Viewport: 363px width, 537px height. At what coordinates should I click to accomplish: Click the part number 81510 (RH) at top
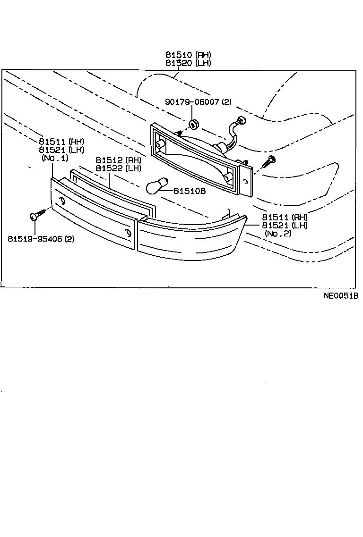[188, 55]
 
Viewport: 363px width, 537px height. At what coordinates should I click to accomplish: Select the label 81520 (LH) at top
[188, 63]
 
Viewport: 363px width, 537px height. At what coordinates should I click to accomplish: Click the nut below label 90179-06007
[193, 125]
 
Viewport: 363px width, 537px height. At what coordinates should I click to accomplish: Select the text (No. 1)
[55, 158]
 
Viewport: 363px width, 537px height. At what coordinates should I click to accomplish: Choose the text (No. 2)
[279, 233]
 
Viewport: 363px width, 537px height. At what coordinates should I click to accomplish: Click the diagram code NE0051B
[341, 296]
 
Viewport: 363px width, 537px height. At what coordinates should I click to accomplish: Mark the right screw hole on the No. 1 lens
[129, 232]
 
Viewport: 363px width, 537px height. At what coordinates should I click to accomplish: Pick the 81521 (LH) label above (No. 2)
[286, 225]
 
